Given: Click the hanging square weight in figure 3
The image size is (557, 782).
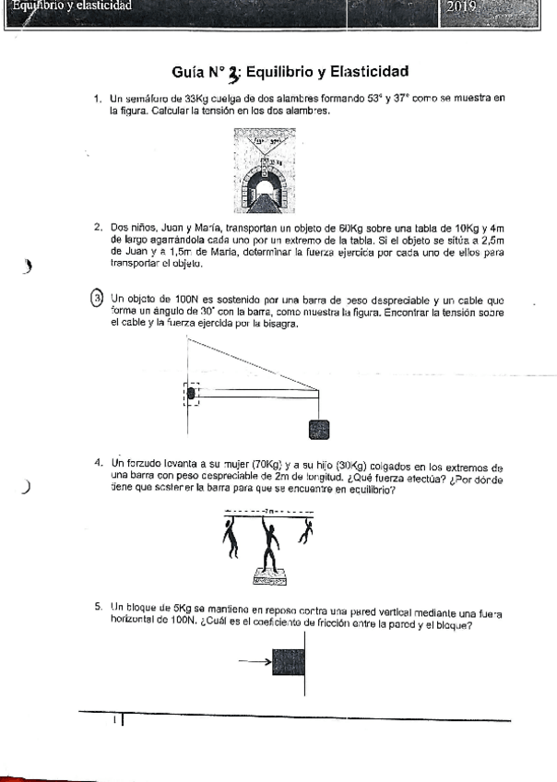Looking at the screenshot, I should tap(318, 428).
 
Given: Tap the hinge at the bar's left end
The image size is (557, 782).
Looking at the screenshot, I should tap(192, 394).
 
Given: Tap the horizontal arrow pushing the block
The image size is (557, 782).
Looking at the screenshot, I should tap(255, 661).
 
